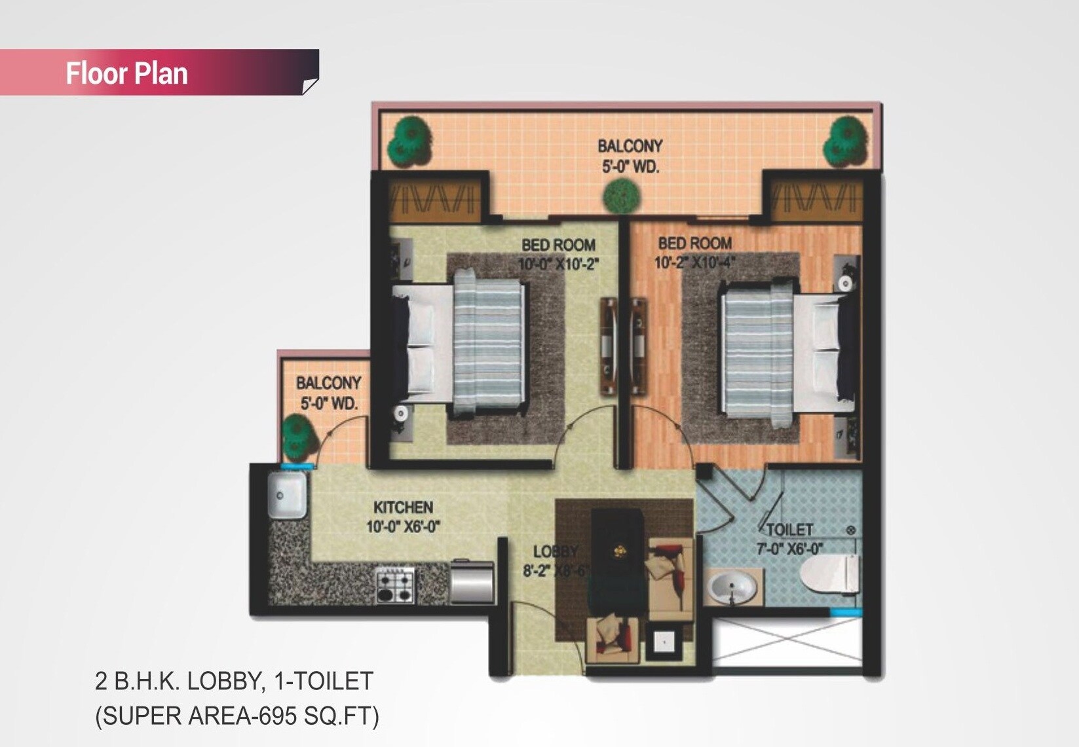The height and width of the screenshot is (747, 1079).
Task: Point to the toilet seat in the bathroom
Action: (x=830, y=574)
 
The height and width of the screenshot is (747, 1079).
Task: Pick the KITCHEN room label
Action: (x=403, y=507)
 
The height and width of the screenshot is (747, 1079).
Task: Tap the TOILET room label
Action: (x=789, y=530)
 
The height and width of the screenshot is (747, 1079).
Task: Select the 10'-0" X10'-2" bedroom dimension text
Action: (x=558, y=264)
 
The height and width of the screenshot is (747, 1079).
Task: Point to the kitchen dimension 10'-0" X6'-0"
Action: (x=403, y=526)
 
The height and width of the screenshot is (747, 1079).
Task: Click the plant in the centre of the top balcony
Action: (x=621, y=194)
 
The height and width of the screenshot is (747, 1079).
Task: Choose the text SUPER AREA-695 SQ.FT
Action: (x=237, y=716)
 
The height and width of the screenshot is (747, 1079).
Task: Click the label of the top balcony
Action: (x=630, y=156)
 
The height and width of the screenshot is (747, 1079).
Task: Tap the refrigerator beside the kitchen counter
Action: (x=472, y=582)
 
